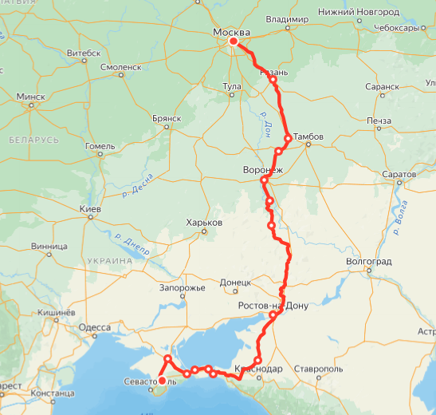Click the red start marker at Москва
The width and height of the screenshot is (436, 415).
coord(234,41)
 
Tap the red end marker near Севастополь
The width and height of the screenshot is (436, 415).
coord(161,381)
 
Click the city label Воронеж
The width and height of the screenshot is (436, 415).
coord(262,170)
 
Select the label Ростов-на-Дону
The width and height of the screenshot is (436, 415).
coord(273,306)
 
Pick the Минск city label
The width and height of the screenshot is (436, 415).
coord(30,97)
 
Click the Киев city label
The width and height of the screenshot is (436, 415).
coord(89,209)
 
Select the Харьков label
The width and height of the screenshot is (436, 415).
coord(203,223)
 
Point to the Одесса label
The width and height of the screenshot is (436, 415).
coord(95,327)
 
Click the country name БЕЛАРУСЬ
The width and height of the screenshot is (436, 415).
coord(33,140)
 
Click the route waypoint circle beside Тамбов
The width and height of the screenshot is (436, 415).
coord(289,138)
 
